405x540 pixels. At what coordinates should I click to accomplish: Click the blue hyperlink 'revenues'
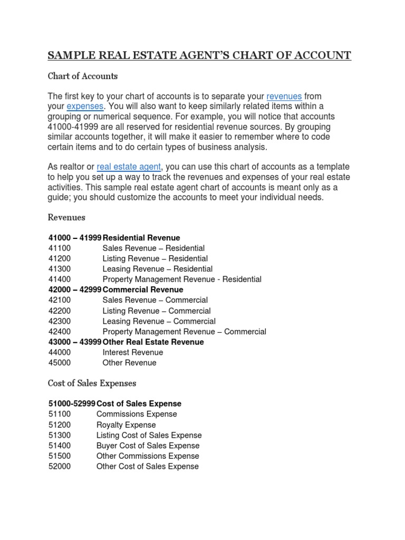(x=284, y=97)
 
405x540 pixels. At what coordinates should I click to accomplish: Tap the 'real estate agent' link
(x=129, y=167)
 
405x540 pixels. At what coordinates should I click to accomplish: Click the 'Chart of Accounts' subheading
(x=83, y=76)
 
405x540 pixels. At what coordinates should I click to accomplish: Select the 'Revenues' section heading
(x=66, y=217)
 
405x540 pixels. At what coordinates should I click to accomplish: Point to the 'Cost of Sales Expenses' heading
(x=92, y=383)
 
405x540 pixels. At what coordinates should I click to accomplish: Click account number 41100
(x=60, y=248)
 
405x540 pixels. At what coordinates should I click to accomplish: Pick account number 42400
(x=60, y=332)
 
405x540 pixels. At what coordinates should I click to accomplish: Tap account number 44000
(x=60, y=352)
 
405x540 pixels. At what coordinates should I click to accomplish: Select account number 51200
(x=60, y=425)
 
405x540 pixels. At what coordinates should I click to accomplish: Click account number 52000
(x=60, y=467)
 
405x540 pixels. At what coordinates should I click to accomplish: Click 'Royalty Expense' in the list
(x=126, y=425)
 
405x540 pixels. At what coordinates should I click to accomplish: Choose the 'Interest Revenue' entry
(x=133, y=352)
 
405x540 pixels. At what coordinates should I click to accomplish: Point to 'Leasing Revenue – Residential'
(x=158, y=269)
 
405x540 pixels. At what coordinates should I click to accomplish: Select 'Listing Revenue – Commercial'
(x=157, y=311)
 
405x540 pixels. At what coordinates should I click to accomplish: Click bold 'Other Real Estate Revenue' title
(x=153, y=342)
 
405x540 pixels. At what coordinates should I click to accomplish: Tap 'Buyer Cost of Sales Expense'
(x=148, y=446)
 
